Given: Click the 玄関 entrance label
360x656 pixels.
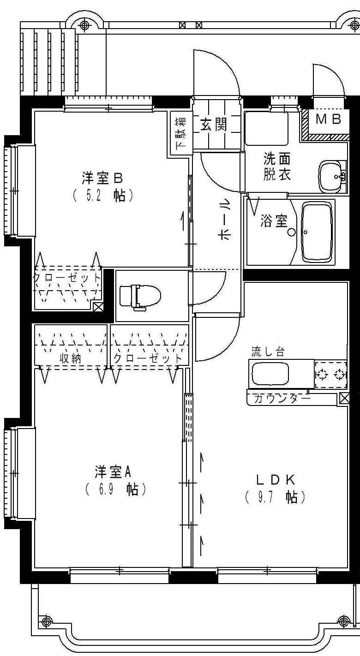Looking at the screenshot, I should [214, 125].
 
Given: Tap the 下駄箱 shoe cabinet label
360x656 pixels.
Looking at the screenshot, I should [180, 134].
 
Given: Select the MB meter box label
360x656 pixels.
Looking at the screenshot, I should [328, 119].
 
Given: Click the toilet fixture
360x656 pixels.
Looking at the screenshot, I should [140, 295].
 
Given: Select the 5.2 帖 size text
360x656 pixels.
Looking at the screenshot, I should [103, 196].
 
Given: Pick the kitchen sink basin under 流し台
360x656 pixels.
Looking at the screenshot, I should [270, 374].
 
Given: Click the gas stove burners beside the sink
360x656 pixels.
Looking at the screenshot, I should [330, 374].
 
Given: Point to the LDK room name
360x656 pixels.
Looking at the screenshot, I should [276, 479].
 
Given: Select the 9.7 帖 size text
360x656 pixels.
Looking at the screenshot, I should [276, 497].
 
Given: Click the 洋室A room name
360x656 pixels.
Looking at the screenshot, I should [114, 471].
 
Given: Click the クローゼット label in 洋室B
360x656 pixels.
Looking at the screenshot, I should [66, 278].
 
